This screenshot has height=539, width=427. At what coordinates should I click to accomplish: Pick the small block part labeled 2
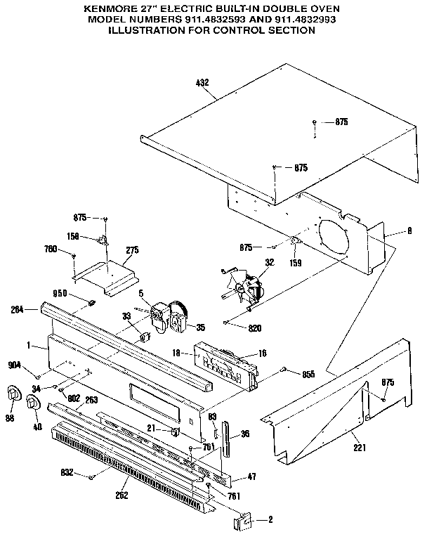click(x=242, y=521)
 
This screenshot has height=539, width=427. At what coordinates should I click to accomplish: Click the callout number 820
click(x=257, y=327)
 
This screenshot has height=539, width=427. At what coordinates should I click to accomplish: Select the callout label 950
click(x=60, y=293)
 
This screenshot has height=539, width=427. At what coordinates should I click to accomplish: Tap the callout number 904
click(x=15, y=365)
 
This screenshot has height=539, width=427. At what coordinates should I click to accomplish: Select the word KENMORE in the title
click(x=110, y=8)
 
